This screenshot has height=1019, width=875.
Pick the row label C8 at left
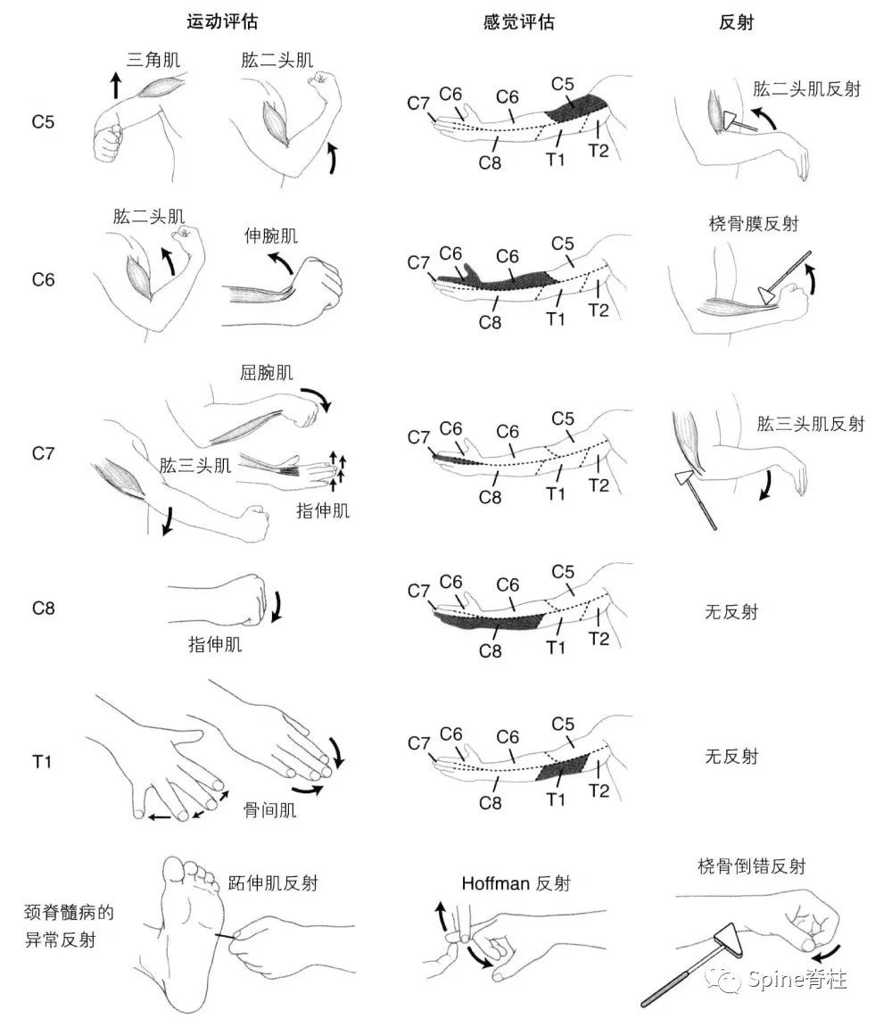pyautogui.click(x=43, y=609)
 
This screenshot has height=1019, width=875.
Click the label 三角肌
pyautogui.click(x=153, y=60)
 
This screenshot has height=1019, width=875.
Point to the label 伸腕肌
pyautogui.click(x=271, y=236)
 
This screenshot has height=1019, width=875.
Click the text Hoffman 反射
pyautogui.click(x=516, y=883)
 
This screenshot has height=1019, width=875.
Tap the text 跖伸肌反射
pyautogui.click(x=273, y=883)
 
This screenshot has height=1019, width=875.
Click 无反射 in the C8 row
pyautogui.click(x=731, y=612)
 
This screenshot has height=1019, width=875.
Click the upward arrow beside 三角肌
pyautogui.click(x=115, y=87)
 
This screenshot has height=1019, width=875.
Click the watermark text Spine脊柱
pyautogui.click(x=797, y=981)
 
